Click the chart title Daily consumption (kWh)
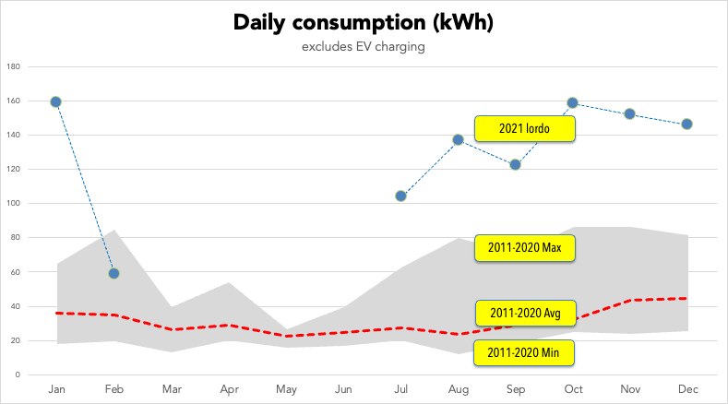363,23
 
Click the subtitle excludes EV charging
363,47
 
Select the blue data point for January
56,101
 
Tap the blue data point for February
113,273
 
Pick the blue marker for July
400,196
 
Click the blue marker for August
458,140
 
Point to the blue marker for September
515,165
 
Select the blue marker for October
572,102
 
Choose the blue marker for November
629,113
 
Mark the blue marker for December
686,124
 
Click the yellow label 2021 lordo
525,129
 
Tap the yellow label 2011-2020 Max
525,248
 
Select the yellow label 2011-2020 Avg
525,312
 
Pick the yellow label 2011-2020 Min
525,352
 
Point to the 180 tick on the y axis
13,66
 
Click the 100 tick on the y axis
13,204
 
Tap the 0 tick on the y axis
18,375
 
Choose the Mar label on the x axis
171,390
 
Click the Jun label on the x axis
342,390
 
